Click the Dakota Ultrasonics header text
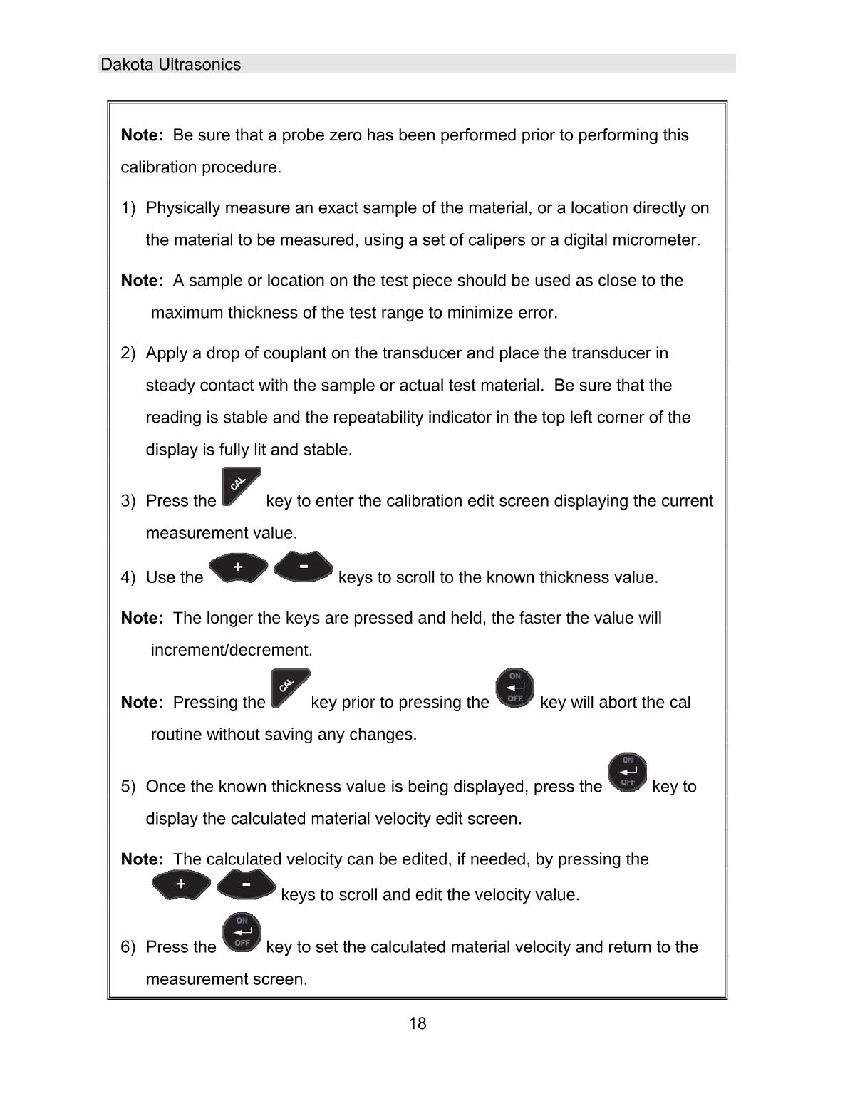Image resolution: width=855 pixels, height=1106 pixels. point(171,65)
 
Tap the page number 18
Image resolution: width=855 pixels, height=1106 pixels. point(418,1024)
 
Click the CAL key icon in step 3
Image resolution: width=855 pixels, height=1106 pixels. point(241,487)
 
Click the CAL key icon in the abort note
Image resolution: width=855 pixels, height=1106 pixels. point(290,688)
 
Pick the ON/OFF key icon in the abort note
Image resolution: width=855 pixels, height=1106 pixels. point(515,688)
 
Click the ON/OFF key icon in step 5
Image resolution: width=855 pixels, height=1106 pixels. point(627,772)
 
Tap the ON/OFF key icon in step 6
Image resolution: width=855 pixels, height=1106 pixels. point(242,933)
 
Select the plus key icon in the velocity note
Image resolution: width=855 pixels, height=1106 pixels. point(181,884)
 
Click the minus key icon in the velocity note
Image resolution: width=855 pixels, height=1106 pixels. point(246,884)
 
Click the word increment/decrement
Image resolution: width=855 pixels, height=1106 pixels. point(232,651)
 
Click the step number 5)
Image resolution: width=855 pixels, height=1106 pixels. point(128,787)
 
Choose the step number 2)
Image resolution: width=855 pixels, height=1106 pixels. point(128,353)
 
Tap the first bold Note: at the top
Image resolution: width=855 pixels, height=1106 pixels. point(142,135)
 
